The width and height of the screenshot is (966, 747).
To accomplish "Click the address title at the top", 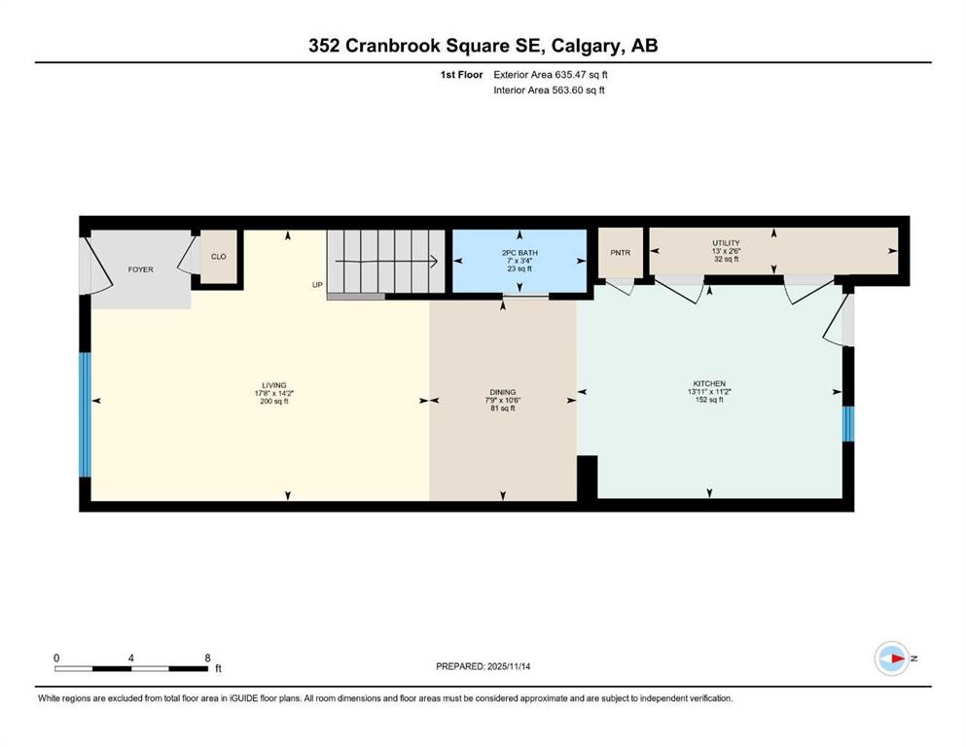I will click(x=483, y=46).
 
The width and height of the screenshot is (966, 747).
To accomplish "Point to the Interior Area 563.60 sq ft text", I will click(x=550, y=90).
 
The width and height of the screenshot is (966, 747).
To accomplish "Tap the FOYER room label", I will click(x=141, y=269).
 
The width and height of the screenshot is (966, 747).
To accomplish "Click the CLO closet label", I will click(x=219, y=257).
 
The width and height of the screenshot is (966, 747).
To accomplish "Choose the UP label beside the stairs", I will click(x=317, y=285).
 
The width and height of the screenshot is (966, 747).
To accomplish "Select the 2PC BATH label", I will click(x=519, y=253).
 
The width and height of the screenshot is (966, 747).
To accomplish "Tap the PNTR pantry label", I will click(x=621, y=253).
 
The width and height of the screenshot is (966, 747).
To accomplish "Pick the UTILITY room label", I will click(x=726, y=243).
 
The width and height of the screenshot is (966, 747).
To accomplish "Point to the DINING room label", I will click(x=503, y=392).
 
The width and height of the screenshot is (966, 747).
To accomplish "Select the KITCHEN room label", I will click(x=710, y=383).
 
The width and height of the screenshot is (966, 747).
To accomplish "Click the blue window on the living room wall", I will click(x=85, y=414).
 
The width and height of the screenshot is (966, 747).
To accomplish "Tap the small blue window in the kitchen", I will click(x=847, y=423).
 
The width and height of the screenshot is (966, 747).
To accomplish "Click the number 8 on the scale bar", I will click(x=207, y=658).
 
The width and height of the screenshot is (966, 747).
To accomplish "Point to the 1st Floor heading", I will click(x=462, y=74).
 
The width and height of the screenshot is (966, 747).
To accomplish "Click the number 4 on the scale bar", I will click(x=131, y=658).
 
